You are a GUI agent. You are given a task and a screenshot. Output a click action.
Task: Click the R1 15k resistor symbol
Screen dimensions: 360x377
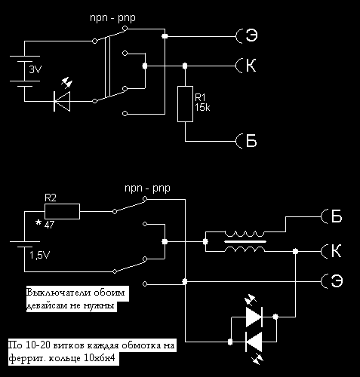(x=185, y=104)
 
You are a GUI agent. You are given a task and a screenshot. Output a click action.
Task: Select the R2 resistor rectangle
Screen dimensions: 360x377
(x=62, y=211)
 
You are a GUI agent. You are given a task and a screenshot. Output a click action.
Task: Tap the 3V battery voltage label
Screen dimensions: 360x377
(x=35, y=69)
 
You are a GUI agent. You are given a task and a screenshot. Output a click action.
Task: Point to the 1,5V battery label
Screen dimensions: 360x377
(x=40, y=255)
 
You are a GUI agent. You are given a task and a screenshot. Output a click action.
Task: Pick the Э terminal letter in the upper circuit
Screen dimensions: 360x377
(x=251, y=35)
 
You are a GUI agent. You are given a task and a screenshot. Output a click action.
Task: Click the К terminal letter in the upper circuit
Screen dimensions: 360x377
(x=251, y=66)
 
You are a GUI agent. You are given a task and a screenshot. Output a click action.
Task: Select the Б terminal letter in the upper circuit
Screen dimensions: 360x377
(x=251, y=140)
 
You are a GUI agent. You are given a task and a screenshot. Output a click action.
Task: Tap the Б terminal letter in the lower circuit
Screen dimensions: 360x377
(x=337, y=216)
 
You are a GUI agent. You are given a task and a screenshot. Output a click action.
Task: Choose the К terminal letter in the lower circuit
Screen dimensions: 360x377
(x=337, y=251)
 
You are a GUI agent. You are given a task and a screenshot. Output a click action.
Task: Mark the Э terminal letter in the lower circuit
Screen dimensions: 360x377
(x=337, y=280)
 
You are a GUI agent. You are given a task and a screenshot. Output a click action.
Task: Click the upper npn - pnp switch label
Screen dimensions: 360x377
(x=112, y=18)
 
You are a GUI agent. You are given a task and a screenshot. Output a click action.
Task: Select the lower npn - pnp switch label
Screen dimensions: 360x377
(x=147, y=188)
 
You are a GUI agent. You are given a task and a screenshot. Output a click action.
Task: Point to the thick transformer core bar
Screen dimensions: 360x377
(x=245, y=241)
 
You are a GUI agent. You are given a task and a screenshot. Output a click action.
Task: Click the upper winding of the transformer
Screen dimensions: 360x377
(x=245, y=234)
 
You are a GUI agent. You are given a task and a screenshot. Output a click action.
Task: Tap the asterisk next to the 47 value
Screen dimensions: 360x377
(x=38, y=222)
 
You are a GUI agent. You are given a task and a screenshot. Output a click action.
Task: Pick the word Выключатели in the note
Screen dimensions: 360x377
(x=59, y=293)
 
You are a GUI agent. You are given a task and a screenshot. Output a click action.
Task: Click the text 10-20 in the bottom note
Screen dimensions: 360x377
(x=38, y=345)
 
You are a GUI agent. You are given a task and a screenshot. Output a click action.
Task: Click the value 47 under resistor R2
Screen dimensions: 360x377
(x=49, y=225)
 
